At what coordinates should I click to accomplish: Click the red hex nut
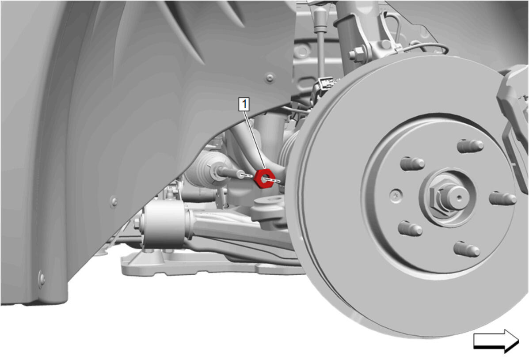(264, 178)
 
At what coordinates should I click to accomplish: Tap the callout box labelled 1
(244, 104)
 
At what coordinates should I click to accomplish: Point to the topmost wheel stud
(470, 146)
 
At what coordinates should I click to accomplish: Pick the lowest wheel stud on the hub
(467, 249)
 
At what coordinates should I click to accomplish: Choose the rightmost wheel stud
(502, 198)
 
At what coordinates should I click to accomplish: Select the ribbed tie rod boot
(207, 167)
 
